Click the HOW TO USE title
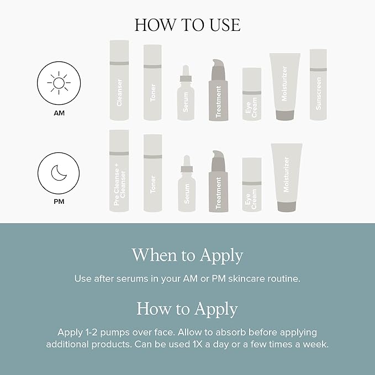[187, 25]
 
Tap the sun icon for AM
[58, 84]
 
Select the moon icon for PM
[58, 173]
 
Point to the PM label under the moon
[58, 202]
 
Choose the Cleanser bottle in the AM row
[119, 81]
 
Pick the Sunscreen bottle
[318, 85]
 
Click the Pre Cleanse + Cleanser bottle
[119, 171]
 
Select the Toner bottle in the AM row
[152, 83]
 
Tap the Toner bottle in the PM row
[152, 173]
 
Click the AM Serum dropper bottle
[186, 95]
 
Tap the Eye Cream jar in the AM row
[251, 94]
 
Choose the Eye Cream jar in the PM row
[251, 184]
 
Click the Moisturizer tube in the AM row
[285, 86]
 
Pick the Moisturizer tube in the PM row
[286, 177]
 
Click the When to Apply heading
[187, 255]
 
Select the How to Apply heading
[187, 308]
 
